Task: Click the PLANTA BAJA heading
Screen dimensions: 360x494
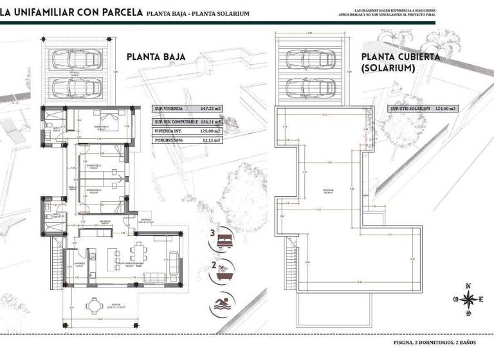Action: pos(156,57)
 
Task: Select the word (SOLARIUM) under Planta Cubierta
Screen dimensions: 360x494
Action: pos(387,67)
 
